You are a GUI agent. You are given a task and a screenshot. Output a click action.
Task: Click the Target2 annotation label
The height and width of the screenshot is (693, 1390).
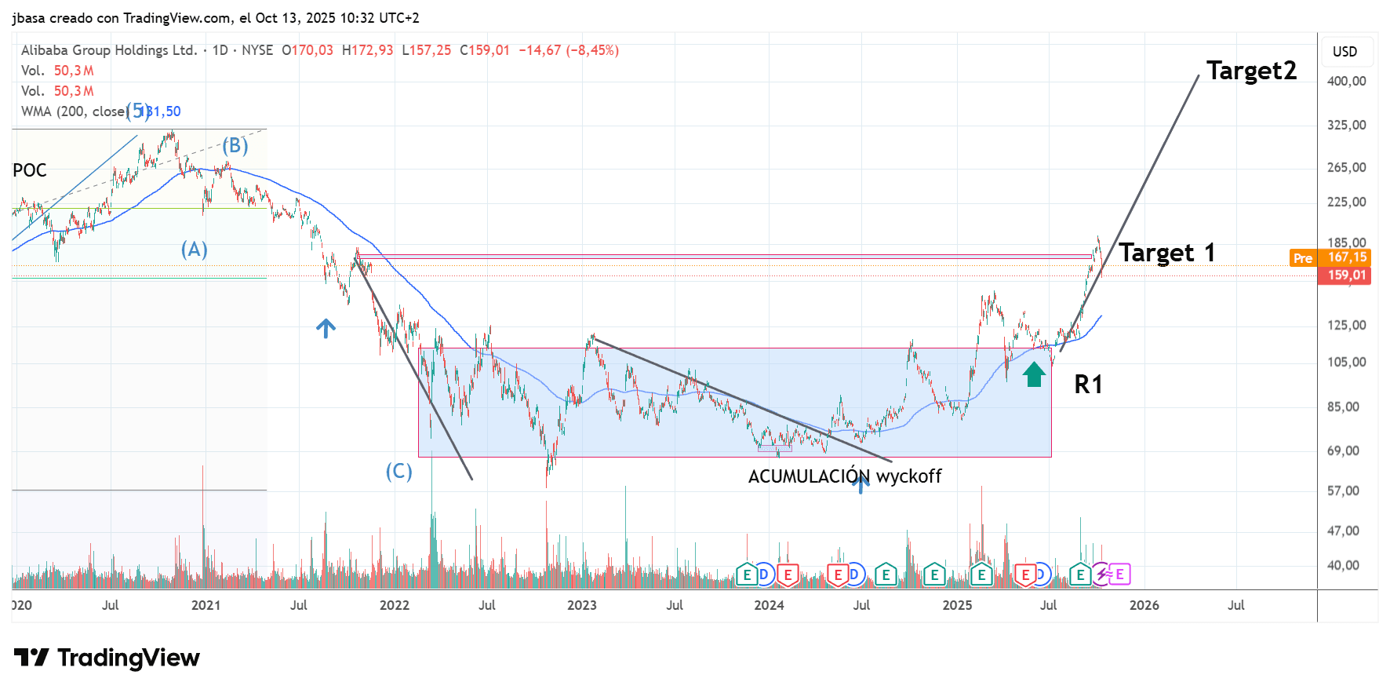[1251, 71]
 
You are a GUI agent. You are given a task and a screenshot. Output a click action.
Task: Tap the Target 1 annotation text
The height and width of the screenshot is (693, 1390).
[1166, 253]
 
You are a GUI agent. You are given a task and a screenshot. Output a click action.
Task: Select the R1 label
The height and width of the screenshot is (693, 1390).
[1088, 385]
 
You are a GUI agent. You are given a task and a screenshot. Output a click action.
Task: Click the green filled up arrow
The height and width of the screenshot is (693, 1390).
[1034, 374]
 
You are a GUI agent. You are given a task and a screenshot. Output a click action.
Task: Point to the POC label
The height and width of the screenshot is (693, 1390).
[30, 170]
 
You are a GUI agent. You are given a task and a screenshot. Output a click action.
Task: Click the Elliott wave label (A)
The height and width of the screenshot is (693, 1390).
[195, 250]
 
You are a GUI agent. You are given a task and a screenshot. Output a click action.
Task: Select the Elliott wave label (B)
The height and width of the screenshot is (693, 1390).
[235, 146]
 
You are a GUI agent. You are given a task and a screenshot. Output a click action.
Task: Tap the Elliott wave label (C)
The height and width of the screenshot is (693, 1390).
[398, 471]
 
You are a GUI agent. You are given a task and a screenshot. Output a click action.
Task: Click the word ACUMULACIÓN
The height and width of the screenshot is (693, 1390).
[809, 476]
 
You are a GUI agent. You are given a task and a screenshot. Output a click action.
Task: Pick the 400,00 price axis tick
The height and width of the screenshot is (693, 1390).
[1346, 81]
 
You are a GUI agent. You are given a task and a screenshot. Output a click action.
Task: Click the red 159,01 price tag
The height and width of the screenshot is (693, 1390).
[1346, 275]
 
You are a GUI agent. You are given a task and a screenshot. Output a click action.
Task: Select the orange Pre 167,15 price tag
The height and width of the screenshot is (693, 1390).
[1330, 257]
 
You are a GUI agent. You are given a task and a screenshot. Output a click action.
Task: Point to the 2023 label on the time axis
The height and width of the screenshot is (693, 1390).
[582, 605]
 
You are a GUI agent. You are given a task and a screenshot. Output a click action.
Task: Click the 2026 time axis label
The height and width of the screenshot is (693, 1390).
[1144, 605]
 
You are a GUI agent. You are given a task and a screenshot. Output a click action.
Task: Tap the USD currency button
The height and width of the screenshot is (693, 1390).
[1345, 52]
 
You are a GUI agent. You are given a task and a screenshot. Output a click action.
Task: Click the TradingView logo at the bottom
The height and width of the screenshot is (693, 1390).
[107, 658]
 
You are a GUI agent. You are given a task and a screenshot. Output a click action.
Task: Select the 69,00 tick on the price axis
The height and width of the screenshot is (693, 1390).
[1343, 450]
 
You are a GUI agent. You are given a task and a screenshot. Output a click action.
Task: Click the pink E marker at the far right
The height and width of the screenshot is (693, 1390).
[1119, 574]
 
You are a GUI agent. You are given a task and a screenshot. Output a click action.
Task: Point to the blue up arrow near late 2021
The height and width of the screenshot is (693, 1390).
[326, 328]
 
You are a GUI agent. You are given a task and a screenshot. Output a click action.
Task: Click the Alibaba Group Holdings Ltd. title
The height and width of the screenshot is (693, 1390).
[109, 50]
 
